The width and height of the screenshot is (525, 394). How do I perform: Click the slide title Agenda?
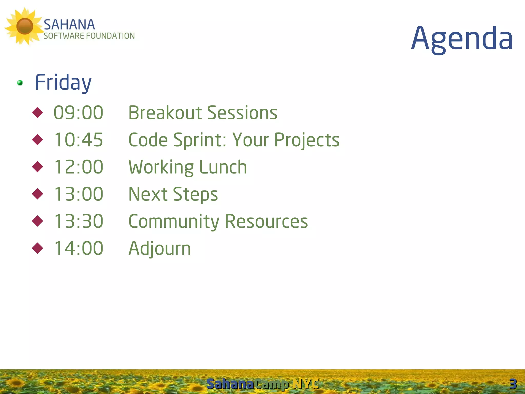(x=462, y=39)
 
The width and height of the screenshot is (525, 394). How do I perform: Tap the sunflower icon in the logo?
(x=24, y=26)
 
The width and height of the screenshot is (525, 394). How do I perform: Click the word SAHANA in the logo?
(x=69, y=25)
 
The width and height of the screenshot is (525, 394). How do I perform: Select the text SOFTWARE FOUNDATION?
(x=89, y=36)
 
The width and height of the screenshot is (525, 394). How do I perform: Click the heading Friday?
(x=63, y=82)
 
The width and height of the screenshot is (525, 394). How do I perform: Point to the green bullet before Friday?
(x=20, y=83)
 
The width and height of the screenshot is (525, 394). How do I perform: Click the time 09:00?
(x=78, y=113)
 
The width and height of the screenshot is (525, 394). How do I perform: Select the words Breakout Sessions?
(x=203, y=113)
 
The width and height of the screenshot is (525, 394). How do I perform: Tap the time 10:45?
(x=78, y=140)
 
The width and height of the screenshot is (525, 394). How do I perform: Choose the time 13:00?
(x=78, y=194)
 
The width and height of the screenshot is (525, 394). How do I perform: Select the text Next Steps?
(x=173, y=194)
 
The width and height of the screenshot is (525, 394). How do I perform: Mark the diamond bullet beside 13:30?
(x=38, y=221)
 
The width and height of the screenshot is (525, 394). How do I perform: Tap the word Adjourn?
(x=159, y=248)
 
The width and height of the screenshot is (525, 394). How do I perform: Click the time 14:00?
(x=78, y=248)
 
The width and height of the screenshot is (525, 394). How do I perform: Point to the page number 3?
(x=513, y=384)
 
